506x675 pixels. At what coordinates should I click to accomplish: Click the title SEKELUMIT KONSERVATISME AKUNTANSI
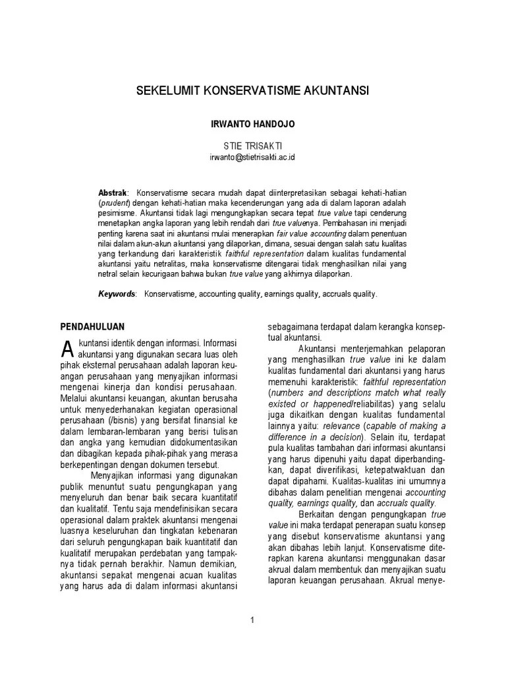click(x=253, y=89)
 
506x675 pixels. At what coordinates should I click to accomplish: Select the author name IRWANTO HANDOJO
click(x=252, y=123)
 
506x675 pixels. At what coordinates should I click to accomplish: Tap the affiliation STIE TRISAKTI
click(x=252, y=145)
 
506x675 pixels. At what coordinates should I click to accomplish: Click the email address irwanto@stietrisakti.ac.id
click(x=252, y=157)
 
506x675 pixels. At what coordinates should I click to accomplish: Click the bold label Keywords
click(x=117, y=294)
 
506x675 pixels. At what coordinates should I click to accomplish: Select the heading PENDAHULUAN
click(x=93, y=326)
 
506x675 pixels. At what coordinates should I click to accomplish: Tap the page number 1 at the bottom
click(x=252, y=620)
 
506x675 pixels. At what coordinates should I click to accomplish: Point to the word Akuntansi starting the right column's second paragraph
click(x=320, y=348)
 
